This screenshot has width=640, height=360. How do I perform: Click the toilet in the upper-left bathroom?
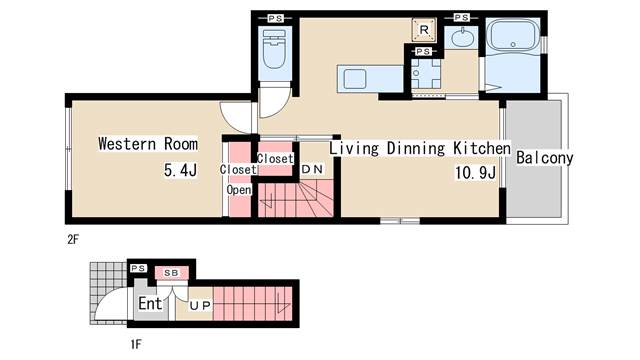coord(275,49)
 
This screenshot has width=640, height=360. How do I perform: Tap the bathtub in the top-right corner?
coord(513,35)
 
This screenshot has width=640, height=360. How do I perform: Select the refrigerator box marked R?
coord(424,29)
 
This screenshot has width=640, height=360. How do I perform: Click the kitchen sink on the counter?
coord(355,78)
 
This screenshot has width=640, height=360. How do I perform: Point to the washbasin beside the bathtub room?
coord(462,38)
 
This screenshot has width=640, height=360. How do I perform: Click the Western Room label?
coord(148,144)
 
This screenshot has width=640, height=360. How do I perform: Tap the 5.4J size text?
coord(180,170)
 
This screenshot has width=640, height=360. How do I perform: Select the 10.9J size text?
coord(475,173)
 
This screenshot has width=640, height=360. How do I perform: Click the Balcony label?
coord(544,158)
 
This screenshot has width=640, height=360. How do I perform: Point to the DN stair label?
coord(312,169)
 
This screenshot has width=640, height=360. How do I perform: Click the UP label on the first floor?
coord(200,305)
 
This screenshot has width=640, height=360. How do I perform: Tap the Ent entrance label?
coord(150,303)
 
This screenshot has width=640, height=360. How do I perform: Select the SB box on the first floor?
coord(171,273)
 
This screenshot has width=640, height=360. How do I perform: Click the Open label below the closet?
coord(239,190)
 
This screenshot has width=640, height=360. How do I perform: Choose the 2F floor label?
coord(73,240)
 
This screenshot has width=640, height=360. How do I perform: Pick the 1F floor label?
coord(136,344)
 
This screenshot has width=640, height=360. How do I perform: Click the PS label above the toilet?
coord(276,18)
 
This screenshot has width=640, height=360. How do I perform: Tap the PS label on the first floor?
coord(138,268)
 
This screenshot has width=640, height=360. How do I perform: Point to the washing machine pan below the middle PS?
coord(426,73)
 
